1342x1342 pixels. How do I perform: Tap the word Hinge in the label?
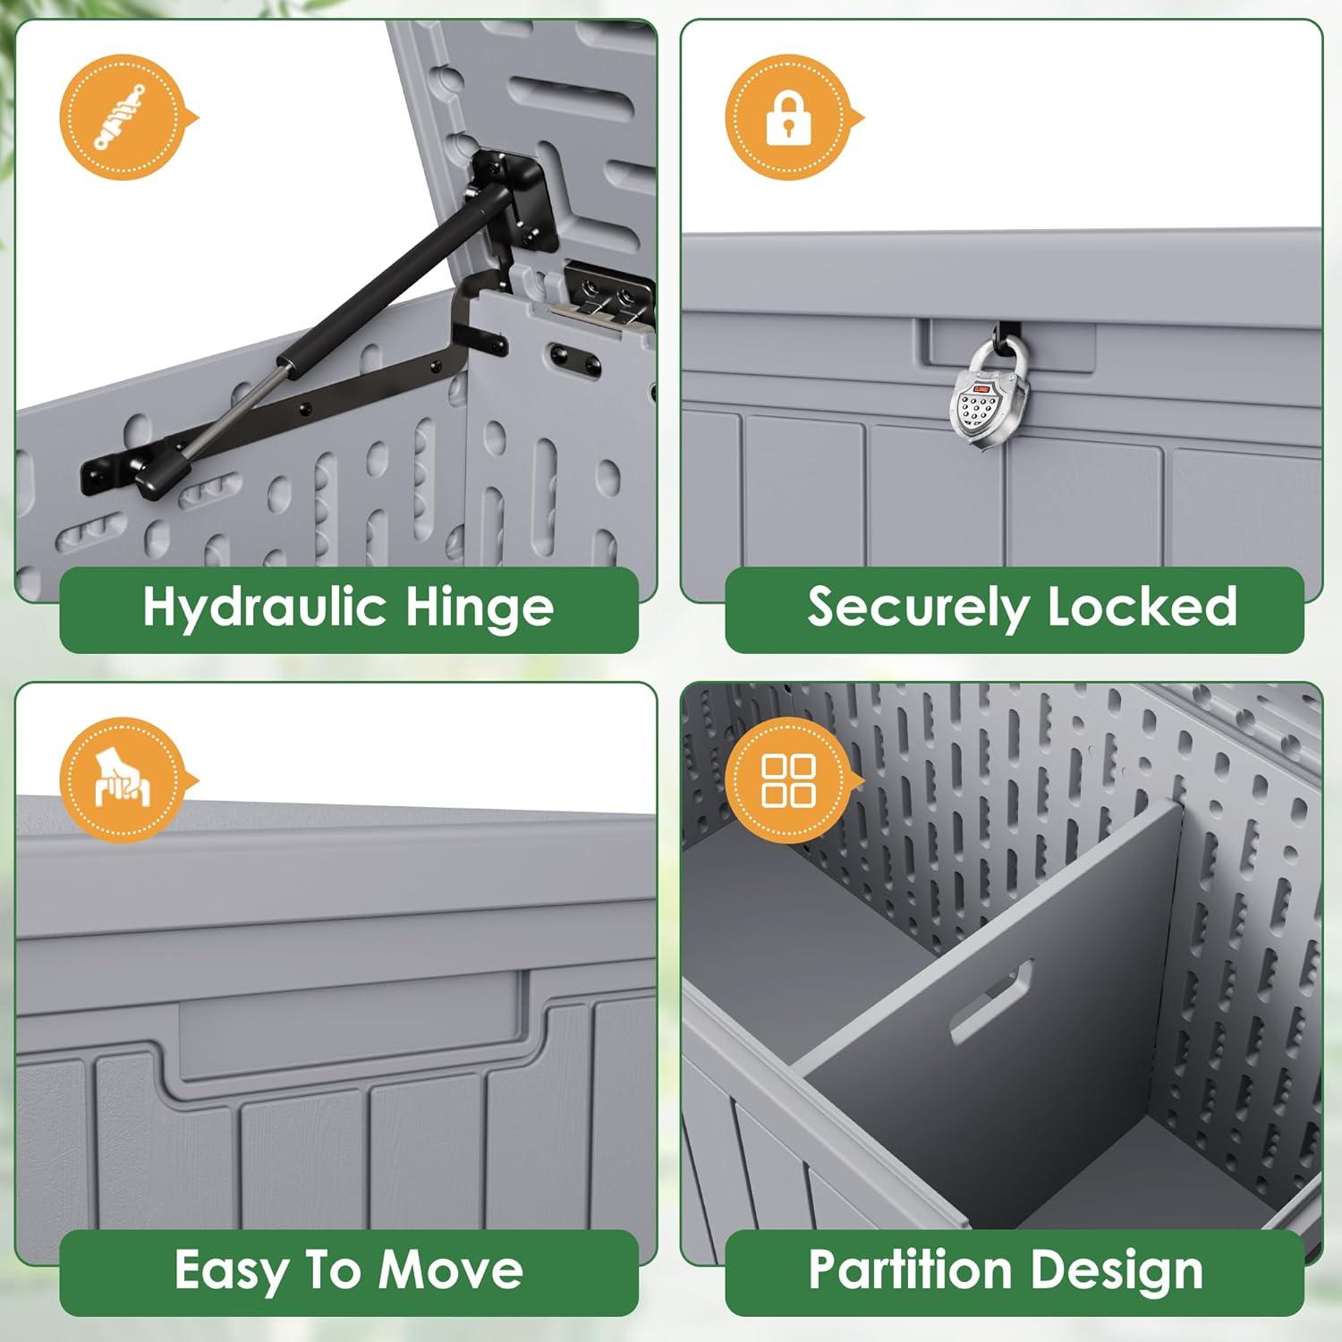(480, 608)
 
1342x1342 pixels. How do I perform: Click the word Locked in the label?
(1142, 607)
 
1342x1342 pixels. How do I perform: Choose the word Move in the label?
(450, 1270)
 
